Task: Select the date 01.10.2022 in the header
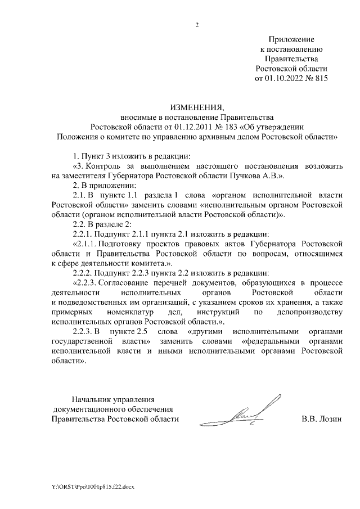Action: coord(283,78)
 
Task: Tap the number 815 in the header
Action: coord(319,78)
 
